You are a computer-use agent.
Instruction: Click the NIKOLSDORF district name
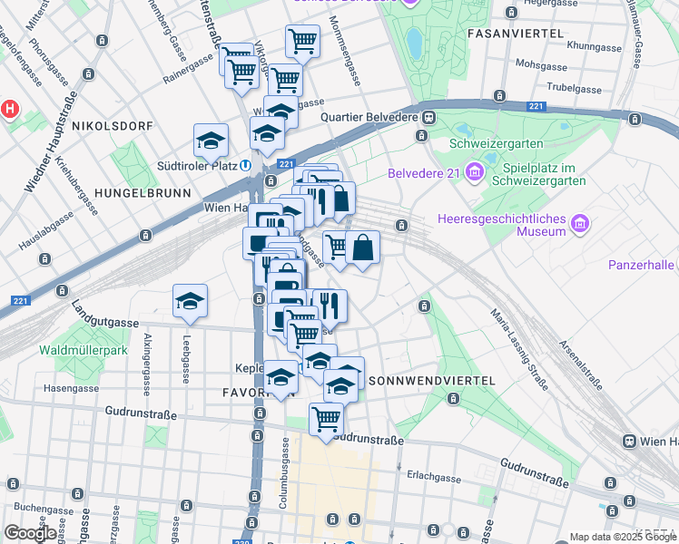(110, 124)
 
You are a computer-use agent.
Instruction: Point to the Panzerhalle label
(641, 265)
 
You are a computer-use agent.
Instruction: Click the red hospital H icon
(10, 108)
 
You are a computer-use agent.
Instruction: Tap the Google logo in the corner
(30, 533)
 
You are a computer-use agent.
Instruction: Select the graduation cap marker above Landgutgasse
(191, 302)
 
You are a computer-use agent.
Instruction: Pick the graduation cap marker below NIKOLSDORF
(211, 141)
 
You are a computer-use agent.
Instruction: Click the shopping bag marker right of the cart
(362, 248)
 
